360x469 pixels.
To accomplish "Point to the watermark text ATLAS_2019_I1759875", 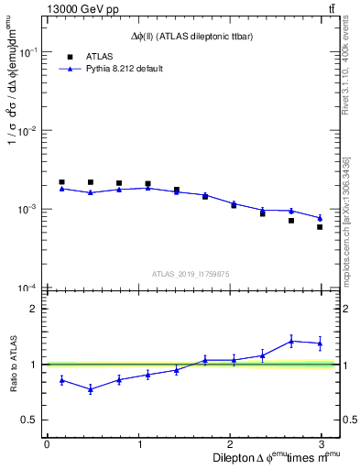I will (x=190, y=273).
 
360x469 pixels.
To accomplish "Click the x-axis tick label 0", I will (x=47, y=443).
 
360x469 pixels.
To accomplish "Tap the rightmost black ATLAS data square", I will (x=320, y=227).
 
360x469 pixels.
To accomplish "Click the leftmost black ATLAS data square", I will (x=61, y=182).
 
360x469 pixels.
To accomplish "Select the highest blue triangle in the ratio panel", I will (x=291, y=341).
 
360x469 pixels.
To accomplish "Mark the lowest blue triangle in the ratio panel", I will (x=90, y=389).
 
